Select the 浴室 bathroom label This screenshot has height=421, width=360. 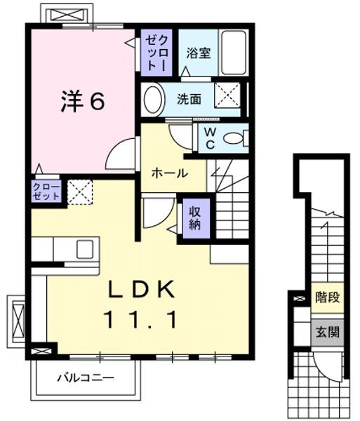pos(198,52)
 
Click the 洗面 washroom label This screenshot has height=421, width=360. pos(188,100)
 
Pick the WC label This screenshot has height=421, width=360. pos(209,138)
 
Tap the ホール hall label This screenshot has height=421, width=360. pos(169,173)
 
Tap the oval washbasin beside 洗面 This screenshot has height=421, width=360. pos(152,100)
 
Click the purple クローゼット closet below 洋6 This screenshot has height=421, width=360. pos(46,191)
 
